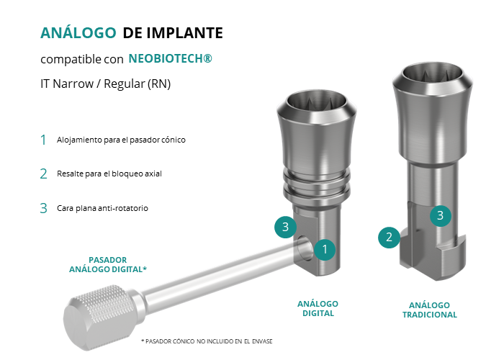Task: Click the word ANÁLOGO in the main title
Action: click(78, 32)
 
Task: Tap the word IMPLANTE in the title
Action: click(184, 33)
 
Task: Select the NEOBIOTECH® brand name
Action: click(171, 58)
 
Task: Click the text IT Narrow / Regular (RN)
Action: click(105, 84)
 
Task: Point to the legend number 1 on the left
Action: click(43, 140)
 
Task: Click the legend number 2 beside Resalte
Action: click(43, 174)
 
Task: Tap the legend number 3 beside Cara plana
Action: click(43, 208)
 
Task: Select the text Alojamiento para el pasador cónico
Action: click(121, 140)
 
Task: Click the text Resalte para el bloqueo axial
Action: click(109, 174)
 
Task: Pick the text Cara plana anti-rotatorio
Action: click(102, 208)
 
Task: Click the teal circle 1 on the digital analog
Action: click(325, 249)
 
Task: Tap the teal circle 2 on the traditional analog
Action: click(389, 237)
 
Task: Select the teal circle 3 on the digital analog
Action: click(285, 227)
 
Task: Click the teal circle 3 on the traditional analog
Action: click(441, 215)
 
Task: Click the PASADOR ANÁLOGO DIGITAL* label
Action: click(108, 264)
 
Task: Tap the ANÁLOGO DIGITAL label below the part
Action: click(318, 309)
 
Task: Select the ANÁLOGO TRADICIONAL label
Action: click(430, 310)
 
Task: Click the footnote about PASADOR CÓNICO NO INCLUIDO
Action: click(207, 341)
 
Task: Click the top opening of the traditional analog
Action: click(433, 78)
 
